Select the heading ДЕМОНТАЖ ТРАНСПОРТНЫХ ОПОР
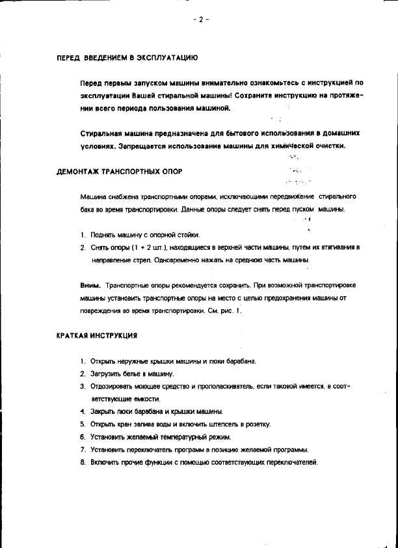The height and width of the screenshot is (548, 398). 119,171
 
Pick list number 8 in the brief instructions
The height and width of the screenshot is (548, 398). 83,462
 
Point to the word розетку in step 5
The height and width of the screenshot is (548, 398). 256,424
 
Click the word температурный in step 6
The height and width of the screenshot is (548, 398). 171,437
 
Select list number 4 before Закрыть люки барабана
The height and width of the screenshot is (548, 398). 83,411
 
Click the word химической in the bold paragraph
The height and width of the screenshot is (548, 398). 294,146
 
